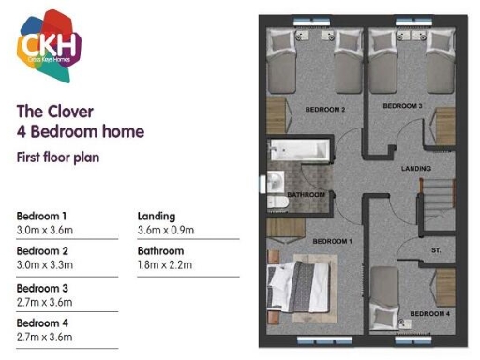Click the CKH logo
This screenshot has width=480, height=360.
[50, 46]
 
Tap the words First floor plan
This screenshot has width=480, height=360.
[58, 157]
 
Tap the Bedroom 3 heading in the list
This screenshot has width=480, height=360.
[44, 288]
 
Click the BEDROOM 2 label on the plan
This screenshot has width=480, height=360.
[325, 110]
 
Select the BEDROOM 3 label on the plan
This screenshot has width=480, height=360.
[404, 107]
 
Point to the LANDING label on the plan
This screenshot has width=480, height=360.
[415, 169]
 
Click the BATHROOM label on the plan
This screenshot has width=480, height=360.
[306, 195]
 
